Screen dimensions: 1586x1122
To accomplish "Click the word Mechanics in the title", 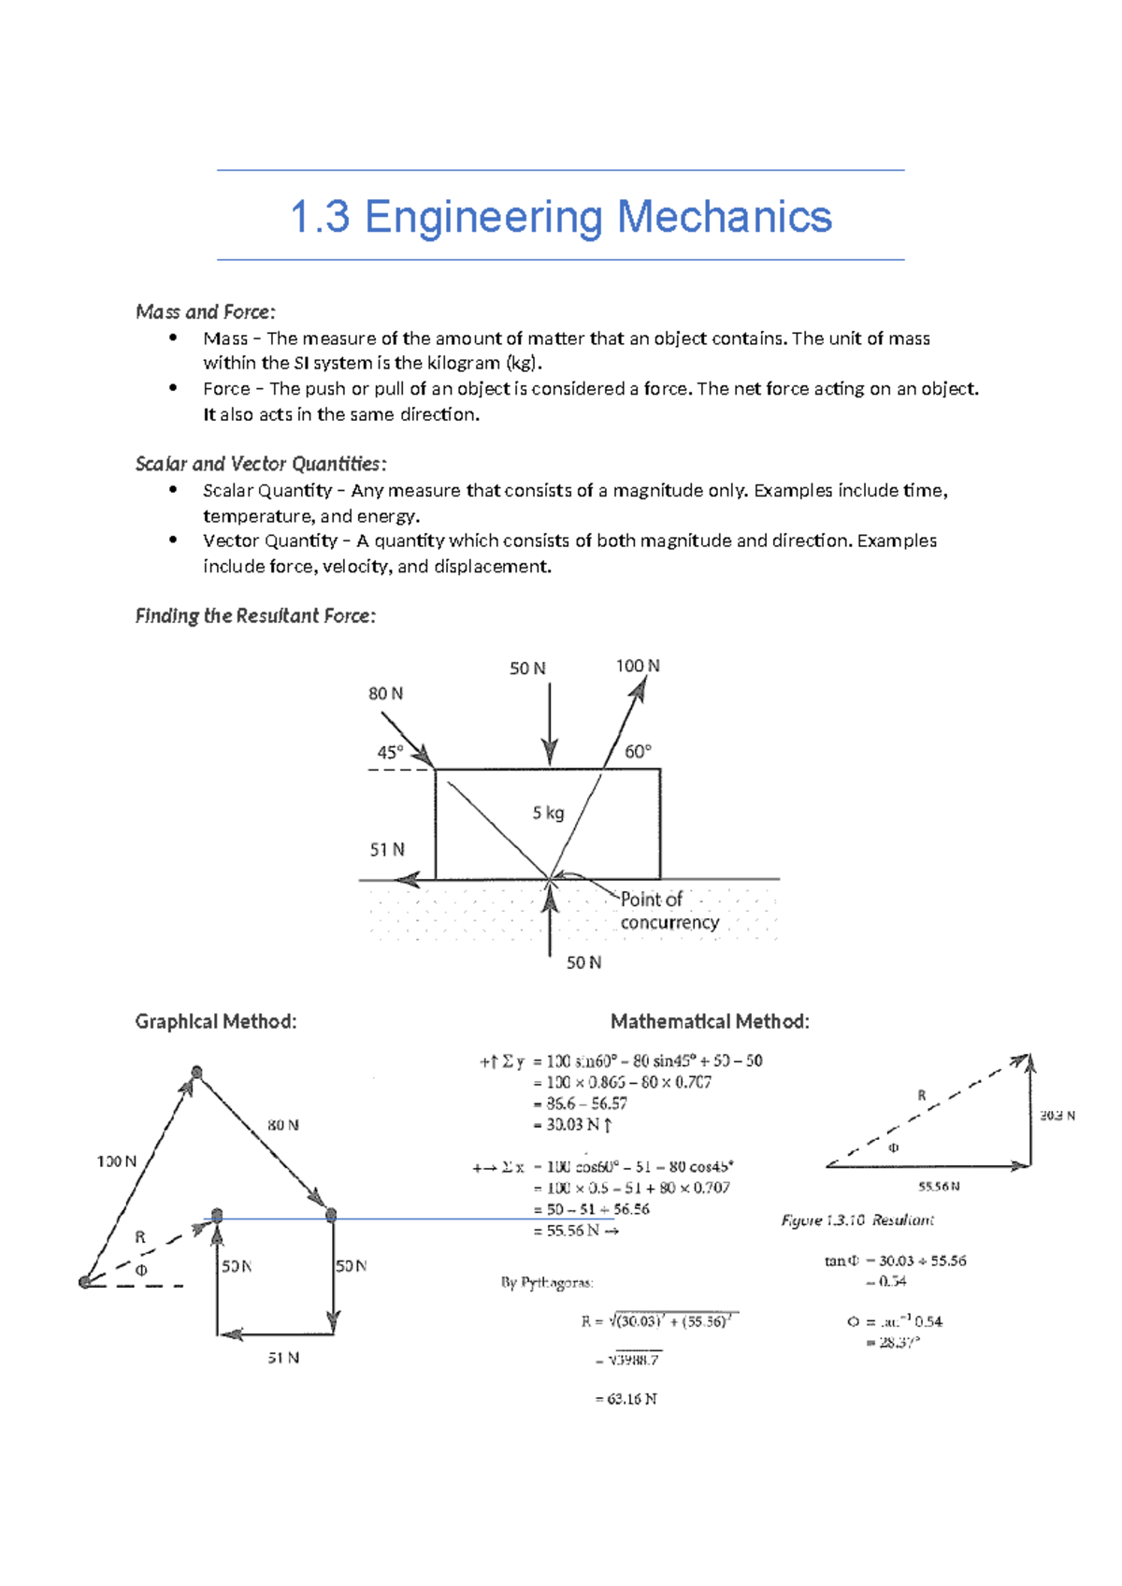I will click(724, 217).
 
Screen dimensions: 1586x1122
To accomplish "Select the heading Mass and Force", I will click(206, 311).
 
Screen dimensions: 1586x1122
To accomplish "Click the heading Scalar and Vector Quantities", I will click(260, 464).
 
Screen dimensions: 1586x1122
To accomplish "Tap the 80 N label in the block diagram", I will click(385, 694).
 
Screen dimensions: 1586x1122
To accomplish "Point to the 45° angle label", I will click(390, 753).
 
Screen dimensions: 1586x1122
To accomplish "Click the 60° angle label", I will click(638, 752).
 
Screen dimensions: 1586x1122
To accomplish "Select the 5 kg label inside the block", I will click(549, 814).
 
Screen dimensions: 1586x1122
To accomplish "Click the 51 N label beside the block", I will click(387, 850).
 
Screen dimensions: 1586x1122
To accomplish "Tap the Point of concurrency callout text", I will click(669, 911).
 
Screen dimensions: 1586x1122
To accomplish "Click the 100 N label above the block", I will click(637, 666).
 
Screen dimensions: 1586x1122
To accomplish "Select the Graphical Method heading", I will click(216, 1021).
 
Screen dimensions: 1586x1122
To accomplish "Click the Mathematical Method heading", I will click(710, 1021).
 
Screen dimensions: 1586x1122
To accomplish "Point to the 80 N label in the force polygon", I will click(282, 1125).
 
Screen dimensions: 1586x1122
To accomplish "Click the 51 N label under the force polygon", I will click(283, 1358).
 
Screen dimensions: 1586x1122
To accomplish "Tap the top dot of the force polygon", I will click(196, 1072).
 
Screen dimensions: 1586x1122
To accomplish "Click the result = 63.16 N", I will click(626, 1399).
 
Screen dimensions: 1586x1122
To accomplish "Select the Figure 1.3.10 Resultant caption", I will click(857, 1220).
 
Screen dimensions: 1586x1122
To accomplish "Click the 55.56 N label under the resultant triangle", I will click(939, 1187).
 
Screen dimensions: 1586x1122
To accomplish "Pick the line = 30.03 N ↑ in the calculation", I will click(572, 1125).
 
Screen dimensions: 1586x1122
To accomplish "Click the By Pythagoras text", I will click(547, 1283).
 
